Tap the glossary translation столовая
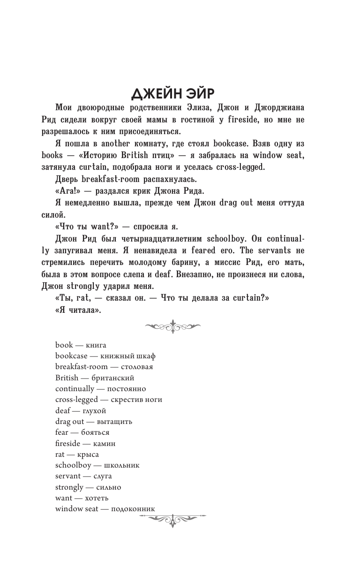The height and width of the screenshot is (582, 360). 135,367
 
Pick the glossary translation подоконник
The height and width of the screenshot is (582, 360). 133,509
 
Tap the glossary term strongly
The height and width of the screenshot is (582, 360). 69,487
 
